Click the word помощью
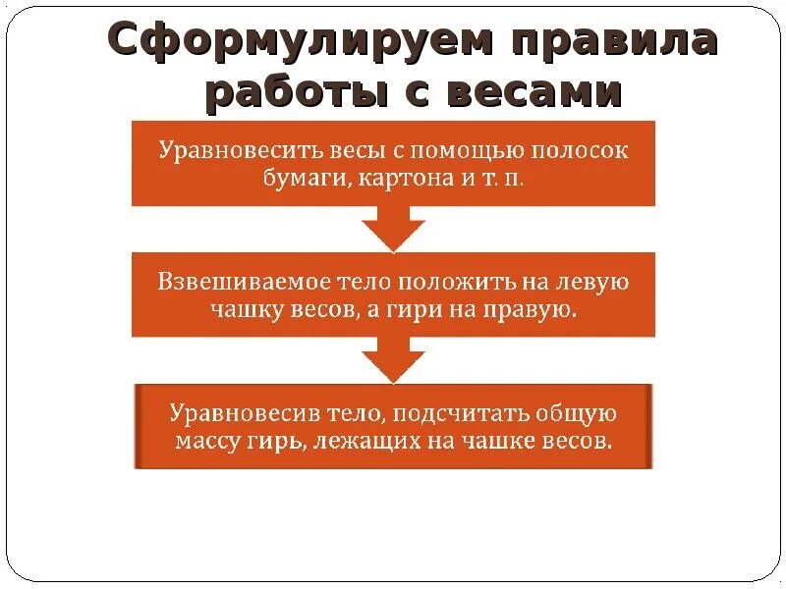(465, 152)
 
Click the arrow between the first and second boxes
(393, 233)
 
